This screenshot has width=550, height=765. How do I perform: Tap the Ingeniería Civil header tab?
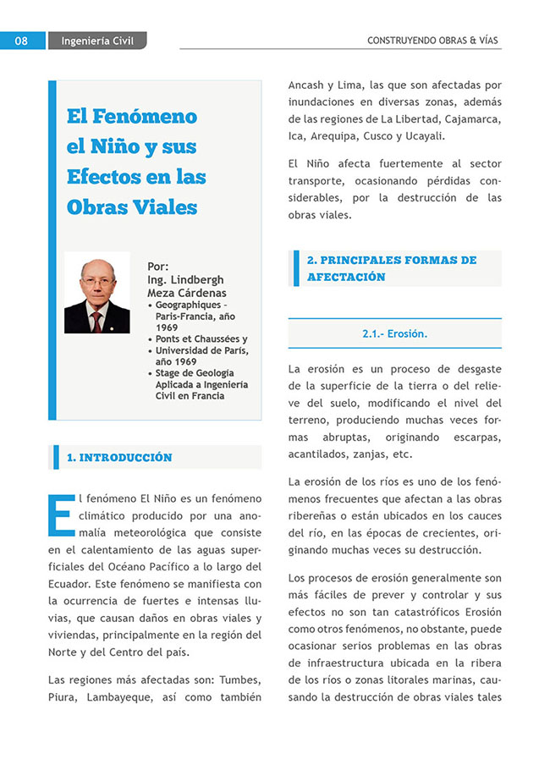click(97, 41)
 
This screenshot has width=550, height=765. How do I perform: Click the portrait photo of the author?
click(97, 293)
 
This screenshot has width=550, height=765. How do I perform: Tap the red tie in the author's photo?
click(96, 321)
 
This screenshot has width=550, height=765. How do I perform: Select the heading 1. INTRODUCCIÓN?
click(119, 458)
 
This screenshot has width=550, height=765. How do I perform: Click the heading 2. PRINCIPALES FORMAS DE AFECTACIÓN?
click(392, 268)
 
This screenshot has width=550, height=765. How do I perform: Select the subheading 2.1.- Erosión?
click(394, 333)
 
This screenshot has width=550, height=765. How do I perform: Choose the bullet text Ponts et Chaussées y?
click(201, 338)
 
